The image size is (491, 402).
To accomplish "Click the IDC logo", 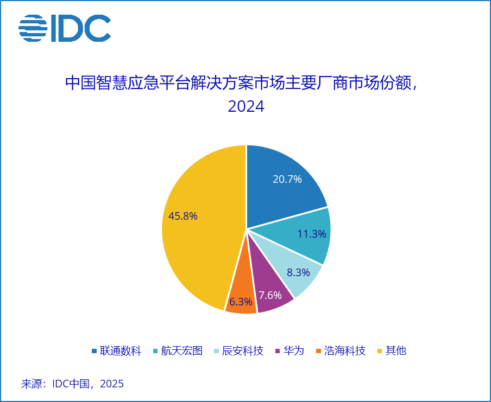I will pos(65,28).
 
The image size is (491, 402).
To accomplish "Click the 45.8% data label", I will pos(183,216).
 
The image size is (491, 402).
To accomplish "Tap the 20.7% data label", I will pos(287,179).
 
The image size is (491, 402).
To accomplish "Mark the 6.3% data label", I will pos(241,302).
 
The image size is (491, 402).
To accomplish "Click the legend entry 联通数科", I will pos(120,351).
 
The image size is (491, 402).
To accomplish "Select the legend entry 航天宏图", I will pos(182,351).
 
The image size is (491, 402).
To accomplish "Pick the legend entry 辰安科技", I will pos(243,351).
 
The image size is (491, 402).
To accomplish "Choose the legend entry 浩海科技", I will pos(344,351).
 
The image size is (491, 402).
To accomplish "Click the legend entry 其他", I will pos(395,351).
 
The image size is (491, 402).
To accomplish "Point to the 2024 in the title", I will pos(246,106).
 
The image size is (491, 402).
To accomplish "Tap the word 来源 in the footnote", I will pos(32,384).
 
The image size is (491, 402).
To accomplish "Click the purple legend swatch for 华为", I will pos(278,351).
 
